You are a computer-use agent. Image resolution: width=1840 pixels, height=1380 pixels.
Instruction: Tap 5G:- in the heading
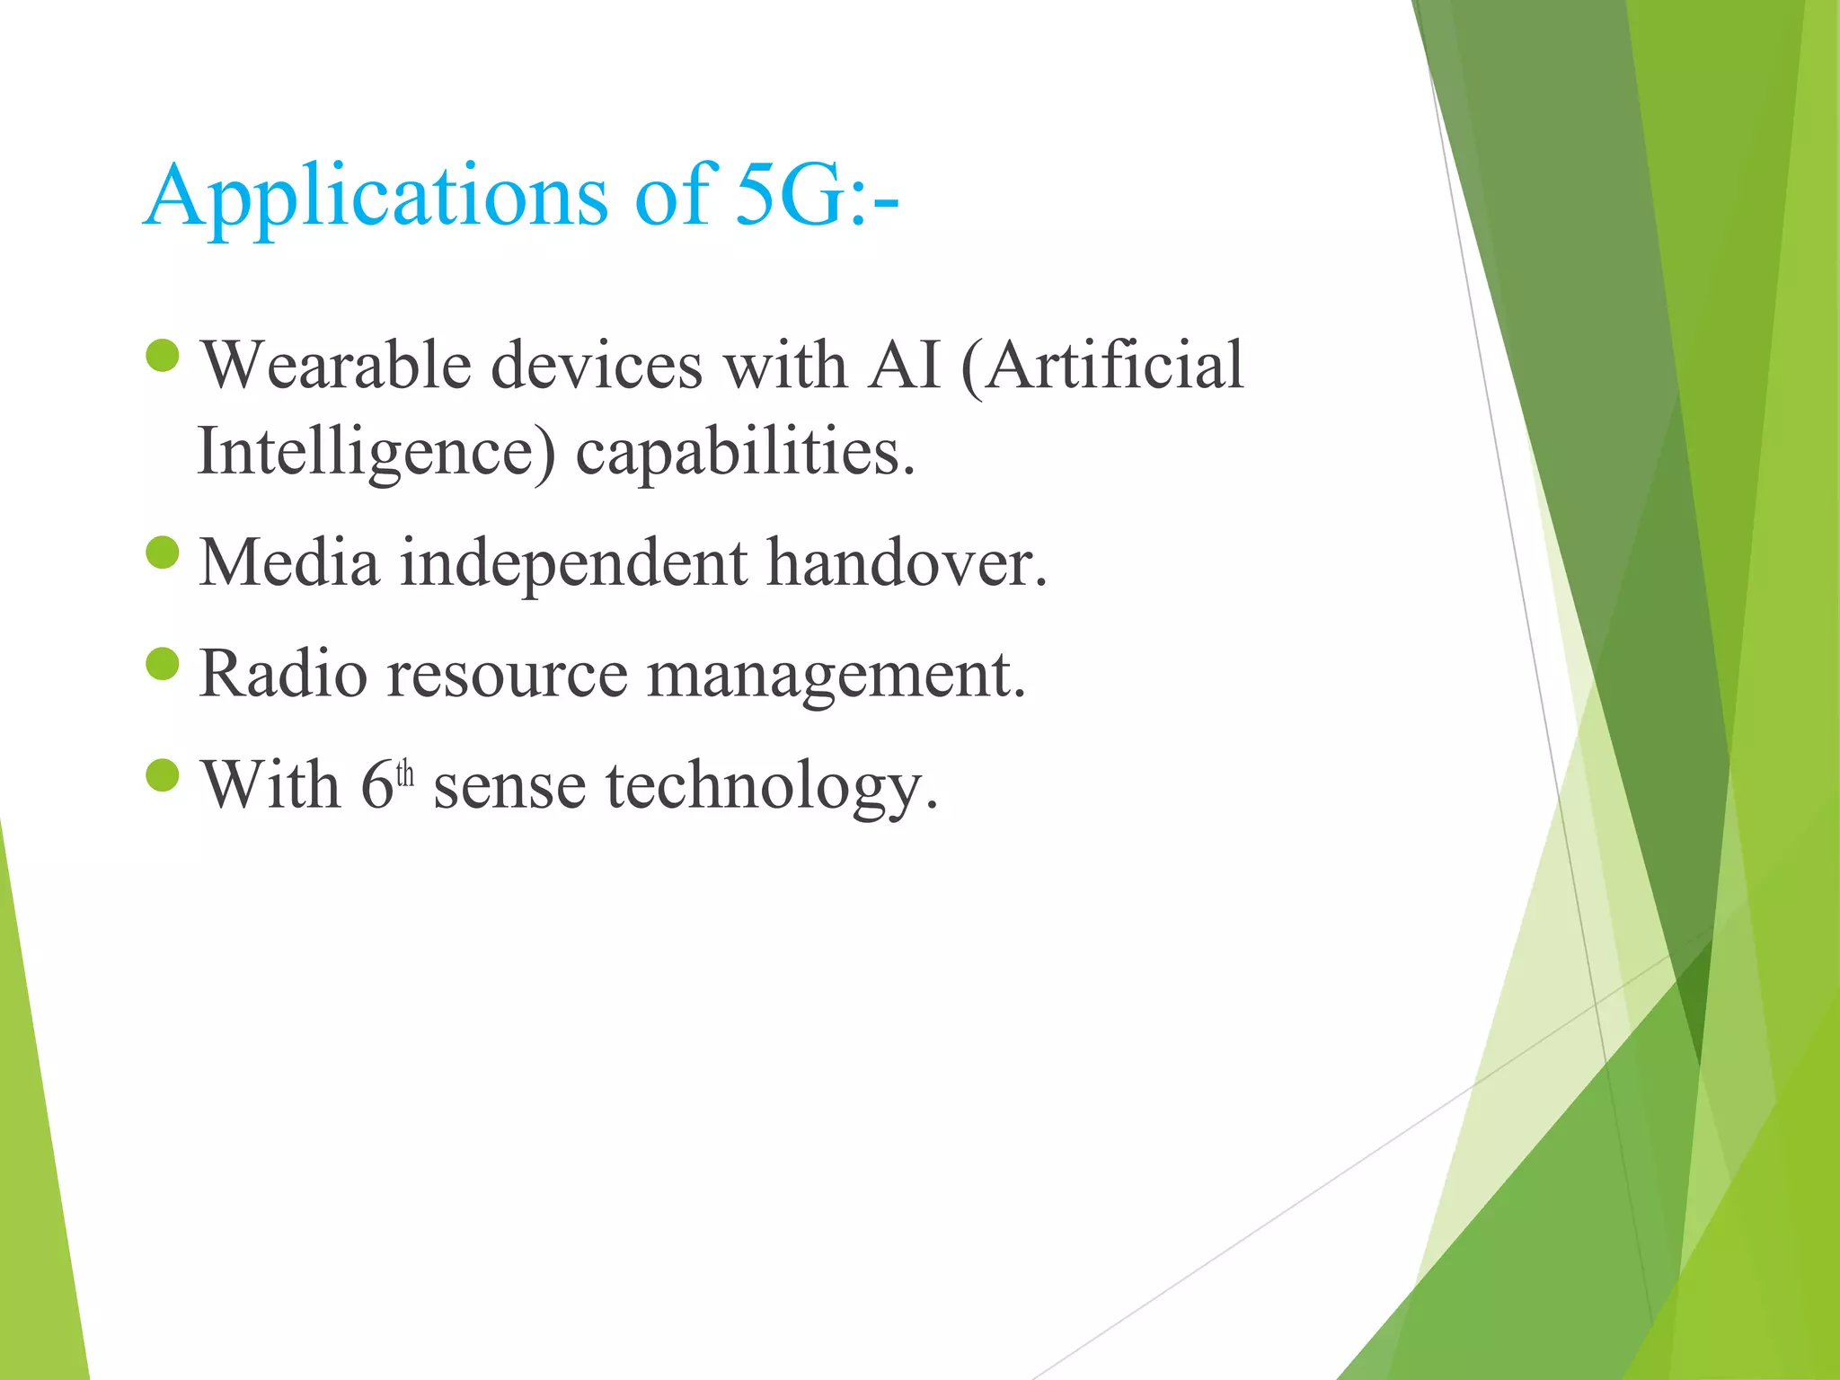816,196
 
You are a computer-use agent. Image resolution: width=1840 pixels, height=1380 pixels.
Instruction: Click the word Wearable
335,366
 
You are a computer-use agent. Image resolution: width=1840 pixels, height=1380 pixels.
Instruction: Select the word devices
597,366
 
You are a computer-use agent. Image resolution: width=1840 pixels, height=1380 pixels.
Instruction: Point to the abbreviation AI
903,366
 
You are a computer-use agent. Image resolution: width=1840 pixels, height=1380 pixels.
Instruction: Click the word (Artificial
1102,366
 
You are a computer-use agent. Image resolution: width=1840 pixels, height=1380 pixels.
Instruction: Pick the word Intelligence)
376,452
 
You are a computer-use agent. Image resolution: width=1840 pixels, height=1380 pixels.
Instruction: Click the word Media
288,563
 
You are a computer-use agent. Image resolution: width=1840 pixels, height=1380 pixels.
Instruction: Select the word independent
572,563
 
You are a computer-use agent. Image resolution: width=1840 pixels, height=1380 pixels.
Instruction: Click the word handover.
906,563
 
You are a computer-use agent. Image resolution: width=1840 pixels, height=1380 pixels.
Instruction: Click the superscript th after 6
405,774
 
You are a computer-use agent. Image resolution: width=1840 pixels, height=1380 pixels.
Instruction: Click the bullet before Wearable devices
163,355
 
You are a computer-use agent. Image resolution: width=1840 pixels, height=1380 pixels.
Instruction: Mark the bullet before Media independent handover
163,553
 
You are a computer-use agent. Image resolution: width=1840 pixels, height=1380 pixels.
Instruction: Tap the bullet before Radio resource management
163,664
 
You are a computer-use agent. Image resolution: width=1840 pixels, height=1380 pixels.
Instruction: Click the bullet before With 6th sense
163,774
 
